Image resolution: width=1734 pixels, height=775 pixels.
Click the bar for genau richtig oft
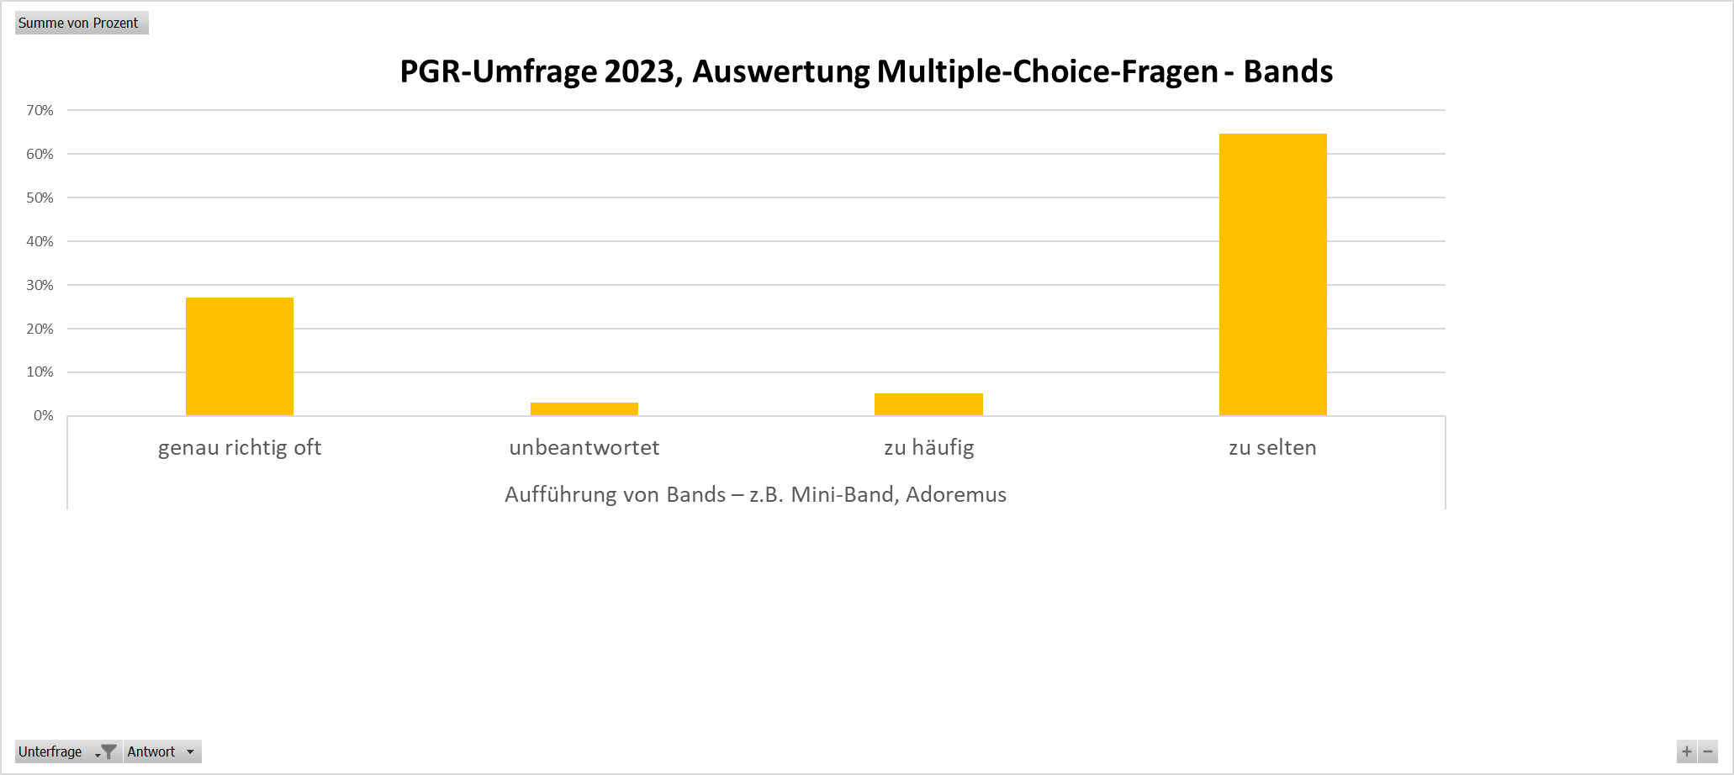[x=240, y=356]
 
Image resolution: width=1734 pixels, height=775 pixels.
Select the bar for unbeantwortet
[x=584, y=409]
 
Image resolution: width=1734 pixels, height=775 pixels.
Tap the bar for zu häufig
[x=928, y=404]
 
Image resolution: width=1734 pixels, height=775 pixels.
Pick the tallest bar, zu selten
[x=1272, y=274]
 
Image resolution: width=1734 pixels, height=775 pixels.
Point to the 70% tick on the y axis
[x=40, y=110]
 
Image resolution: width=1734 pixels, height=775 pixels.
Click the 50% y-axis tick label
[x=40, y=198]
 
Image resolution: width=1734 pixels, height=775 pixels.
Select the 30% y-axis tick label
[x=40, y=285]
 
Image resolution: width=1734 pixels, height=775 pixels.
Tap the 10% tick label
[x=40, y=372]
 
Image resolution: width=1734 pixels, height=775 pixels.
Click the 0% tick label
[x=43, y=415]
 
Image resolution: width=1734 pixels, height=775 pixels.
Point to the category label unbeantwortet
[x=584, y=447]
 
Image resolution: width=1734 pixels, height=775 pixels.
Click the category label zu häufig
[x=928, y=447]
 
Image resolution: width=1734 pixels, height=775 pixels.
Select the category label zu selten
[x=1272, y=447]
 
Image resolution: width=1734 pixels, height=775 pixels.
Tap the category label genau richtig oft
[x=240, y=447]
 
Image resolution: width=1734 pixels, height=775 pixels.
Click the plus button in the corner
[x=1686, y=751]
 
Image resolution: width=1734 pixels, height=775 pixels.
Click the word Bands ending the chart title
[x=1287, y=71]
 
